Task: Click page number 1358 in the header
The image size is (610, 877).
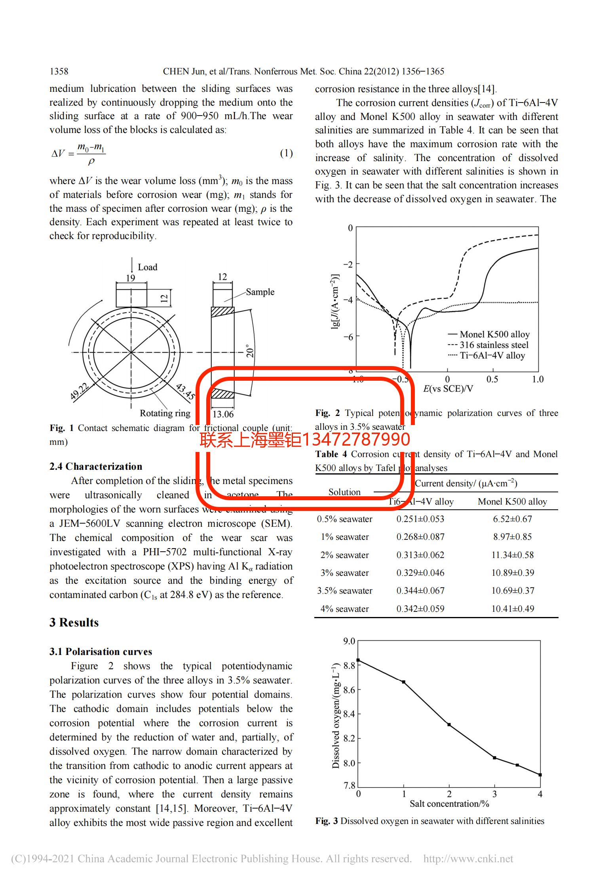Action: click(59, 71)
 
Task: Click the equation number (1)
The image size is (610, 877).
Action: click(286, 153)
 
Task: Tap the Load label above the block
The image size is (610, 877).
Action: click(147, 267)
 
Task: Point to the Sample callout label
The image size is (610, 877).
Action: click(260, 292)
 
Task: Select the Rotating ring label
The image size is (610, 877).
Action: click(165, 413)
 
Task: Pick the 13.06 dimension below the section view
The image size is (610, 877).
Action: click(223, 414)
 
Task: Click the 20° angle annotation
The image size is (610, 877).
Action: click(249, 351)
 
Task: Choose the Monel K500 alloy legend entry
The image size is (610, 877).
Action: click(494, 334)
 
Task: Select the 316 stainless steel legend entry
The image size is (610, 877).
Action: click(494, 345)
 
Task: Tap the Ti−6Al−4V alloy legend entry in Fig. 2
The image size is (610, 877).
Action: click(492, 356)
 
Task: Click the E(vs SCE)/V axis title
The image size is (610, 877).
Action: click(448, 389)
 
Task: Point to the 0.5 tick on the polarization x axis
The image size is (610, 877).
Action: click(492, 379)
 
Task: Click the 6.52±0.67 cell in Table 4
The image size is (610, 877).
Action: click(512, 519)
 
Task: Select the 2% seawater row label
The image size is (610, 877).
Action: click(344, 555)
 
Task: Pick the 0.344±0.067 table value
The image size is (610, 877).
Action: click(420, 590)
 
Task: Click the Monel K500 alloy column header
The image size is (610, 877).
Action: click(512, 502)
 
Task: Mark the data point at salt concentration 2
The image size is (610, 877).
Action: click(449, 725)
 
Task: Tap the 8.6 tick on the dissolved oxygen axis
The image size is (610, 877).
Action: click(349, 690)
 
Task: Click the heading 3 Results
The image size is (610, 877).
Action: click(74, 623)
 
